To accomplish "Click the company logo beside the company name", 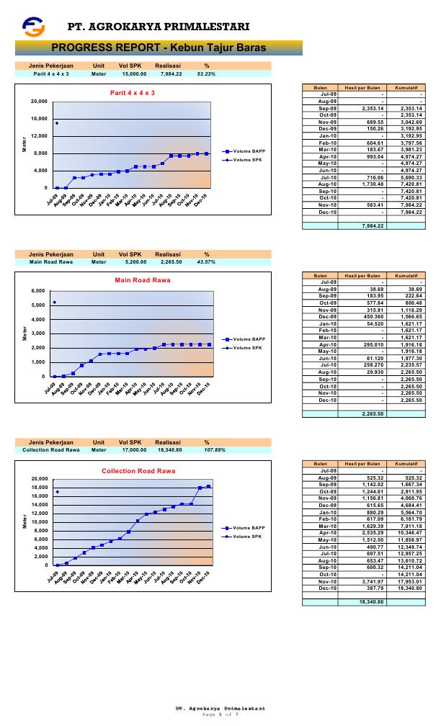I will (x=33, y=27).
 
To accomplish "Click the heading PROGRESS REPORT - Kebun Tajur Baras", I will (x=159, y=48).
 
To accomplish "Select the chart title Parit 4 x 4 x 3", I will (x=132, y=93).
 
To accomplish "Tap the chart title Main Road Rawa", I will (x=132, y=280).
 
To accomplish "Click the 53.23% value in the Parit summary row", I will (x=206, y=73).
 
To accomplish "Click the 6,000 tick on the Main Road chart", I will (x=38, y=291).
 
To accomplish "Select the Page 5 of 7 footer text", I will (x=220, y=714).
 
